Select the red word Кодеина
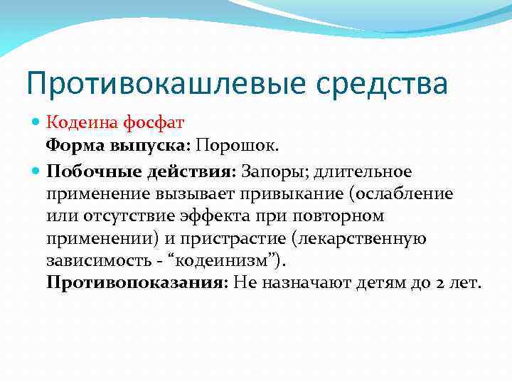click(x=76, y=124)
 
